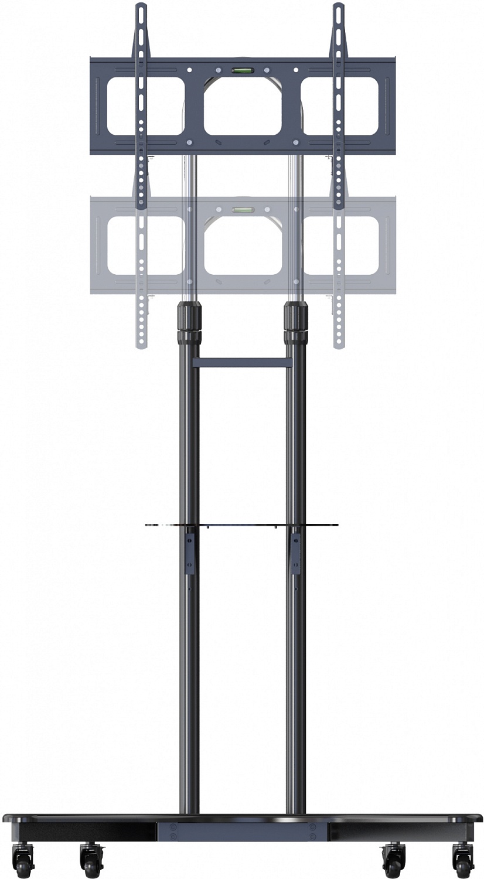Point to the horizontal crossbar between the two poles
(x=242, y=363)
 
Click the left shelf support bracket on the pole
(x=190, y=551)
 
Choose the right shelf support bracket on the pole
(x=295, y=551)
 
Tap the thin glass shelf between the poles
(x=242, y=524)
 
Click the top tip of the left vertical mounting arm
(x=141, y=8)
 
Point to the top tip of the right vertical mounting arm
(x=339, y=8)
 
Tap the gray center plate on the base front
(x=242, y=831)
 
